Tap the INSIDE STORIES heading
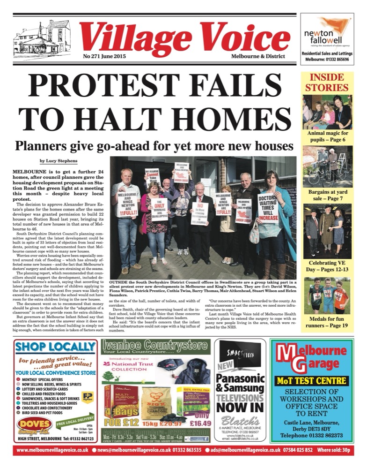tap(326, 83)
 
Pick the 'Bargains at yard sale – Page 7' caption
tap(326, 196)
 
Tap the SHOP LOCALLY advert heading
tap(55, 347)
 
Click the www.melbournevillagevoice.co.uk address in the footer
tap(52, 451)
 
